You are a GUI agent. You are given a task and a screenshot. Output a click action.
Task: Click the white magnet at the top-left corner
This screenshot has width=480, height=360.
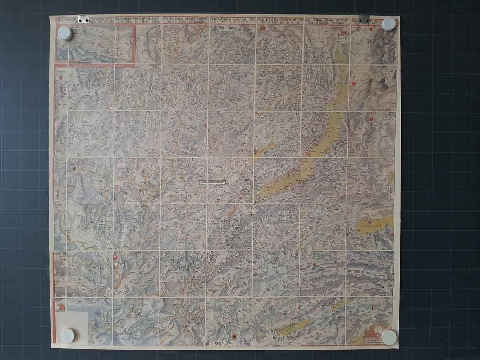pos(65,33)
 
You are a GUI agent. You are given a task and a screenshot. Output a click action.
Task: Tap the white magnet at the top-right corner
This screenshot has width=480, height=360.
pos(389,24)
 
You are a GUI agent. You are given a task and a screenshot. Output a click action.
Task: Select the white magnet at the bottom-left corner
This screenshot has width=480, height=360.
pos(67,335)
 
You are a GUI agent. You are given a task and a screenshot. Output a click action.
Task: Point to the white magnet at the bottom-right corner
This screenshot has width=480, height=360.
pos(389,337)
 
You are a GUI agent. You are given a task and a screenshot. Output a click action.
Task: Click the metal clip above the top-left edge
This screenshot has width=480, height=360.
pos(84,19)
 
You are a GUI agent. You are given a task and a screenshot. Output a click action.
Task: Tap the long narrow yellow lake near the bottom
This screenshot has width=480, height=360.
pos(293,328)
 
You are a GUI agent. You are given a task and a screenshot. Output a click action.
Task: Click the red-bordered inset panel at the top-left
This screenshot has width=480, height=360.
pos(96,44)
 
